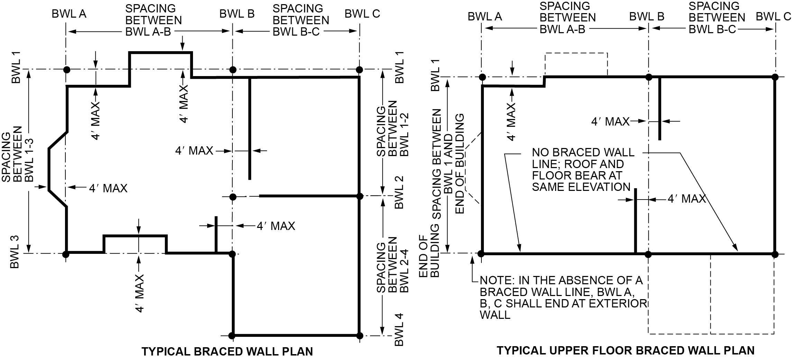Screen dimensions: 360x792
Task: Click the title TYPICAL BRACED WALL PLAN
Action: pyautogui.click(x=227, y=351)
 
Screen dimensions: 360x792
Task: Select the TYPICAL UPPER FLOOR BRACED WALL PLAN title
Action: pyautogui.click(x=626, y=350)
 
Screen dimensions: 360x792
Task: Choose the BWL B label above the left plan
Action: pyautogui.click(x=237, y=14)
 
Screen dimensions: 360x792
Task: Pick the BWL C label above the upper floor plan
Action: pyautogui.click(x=773, y=16)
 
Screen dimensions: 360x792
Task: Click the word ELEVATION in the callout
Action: pyautogui.click(x=581, y=187)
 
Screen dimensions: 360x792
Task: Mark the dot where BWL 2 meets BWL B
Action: pyautogui.click(x=233, y=197)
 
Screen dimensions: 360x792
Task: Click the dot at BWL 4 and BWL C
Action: pyautogui.click(x=359, y=335)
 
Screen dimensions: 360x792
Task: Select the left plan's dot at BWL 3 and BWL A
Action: pyautogui.click(x=66, y=254)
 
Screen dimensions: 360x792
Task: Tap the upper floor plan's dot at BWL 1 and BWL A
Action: pyautogui.click(x=482, y=77)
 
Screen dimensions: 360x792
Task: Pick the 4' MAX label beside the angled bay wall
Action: pyautogui.click(x=108, y=188)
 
